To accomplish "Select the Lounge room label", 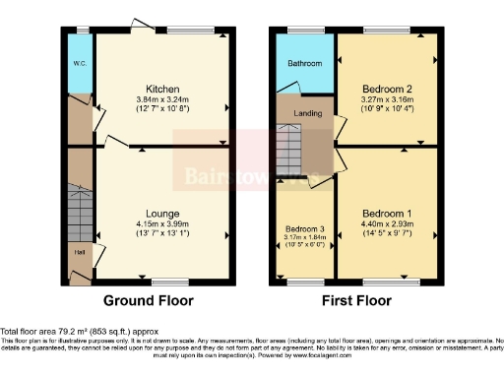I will tap(161, 213).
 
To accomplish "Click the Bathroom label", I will tap(304, 64).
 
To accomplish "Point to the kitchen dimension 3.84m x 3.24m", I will tap(160, 98).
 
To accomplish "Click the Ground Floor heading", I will tap(149, 301).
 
